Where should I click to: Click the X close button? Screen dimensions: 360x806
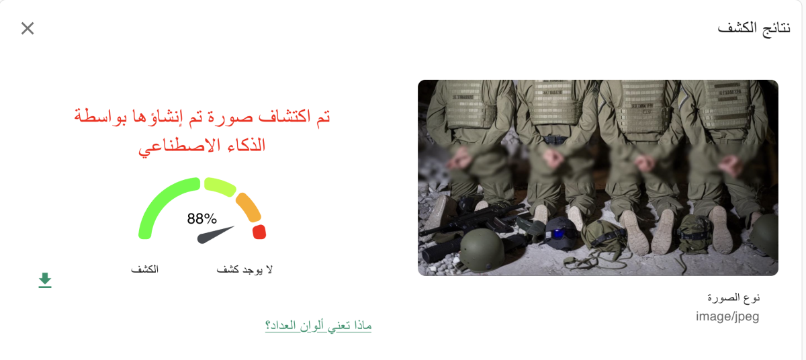pyautogui.click(x=28, y=28)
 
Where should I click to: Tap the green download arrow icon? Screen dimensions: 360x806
pyautogui.click(x=45, y=280)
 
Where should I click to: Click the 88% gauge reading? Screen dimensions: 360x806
pyautogui.click(x=201, y=218)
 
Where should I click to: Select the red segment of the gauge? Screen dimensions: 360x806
pyautogui.click(x=259, y=232)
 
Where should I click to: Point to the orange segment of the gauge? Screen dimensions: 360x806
pyautogui.click(x=248, y=206)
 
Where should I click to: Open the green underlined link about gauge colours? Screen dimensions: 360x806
pyautogui.click(x=318, y=326)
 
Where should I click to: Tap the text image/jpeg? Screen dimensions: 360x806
pyautogui.click(x=727, y=316)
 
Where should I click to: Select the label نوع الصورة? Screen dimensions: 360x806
pyautogui.click(x=734, y=297)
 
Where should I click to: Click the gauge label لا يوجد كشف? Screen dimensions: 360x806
pyautogui.click(x=244, y=269)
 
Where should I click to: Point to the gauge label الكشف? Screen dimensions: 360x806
pyautogui.click(x=144, y=269)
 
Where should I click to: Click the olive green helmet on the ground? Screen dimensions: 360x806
pyautogui.click(x=482, y=249)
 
